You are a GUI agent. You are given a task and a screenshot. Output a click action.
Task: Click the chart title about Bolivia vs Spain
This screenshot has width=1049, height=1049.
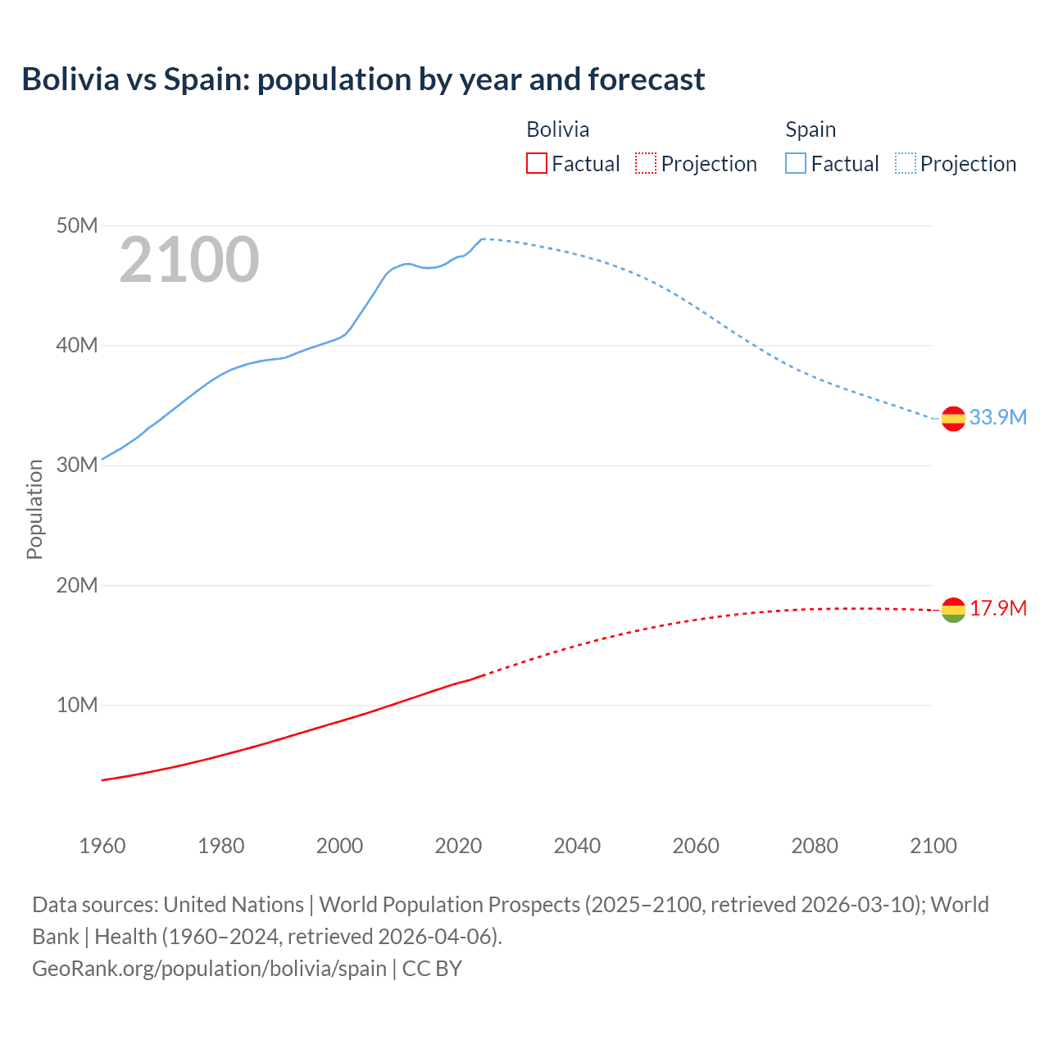click(x=363, y=79)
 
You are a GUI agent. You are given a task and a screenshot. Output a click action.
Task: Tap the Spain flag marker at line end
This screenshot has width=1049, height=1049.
click(x=953, y=418)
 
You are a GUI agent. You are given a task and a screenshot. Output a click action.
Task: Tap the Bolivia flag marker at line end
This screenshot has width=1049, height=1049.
click(x=953, y=610)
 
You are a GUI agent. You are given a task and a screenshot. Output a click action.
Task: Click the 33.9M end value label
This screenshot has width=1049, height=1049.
click(x=997, y=417)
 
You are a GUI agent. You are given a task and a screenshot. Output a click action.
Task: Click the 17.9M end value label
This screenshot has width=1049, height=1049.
click(x=997, y=608)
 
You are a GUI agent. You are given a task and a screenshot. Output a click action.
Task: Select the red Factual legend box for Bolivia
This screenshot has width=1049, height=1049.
click(x=536, y=164)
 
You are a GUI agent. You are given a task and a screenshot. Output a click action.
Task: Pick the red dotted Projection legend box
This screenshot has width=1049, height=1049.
click(x=646, y=164)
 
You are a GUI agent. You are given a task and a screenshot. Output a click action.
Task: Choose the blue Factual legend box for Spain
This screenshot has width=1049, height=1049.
click(x=795, y=164)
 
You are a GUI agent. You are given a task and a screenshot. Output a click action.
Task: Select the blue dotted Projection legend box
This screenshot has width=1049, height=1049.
click(x=906, y=164)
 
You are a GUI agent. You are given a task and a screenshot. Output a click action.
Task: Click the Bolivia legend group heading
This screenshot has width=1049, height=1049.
click(x=557, y=129)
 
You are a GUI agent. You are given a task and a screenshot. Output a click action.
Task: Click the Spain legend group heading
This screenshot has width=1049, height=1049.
click(x=811, y=129)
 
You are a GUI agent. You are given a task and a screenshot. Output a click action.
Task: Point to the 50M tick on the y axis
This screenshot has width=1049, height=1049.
click(x=77, y=225)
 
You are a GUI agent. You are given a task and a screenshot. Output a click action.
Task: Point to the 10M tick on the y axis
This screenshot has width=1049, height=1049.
click(x=77, y=705)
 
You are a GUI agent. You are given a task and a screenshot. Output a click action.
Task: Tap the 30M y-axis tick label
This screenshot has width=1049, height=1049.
click(x=77, y=465)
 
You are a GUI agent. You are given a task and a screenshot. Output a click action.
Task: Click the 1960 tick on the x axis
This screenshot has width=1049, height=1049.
click(x=102, y=846)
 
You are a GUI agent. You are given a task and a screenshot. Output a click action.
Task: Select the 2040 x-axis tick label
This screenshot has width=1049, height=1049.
click(x=577, y=846)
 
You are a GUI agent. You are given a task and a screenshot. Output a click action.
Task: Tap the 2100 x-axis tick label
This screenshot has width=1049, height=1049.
click(x=933, y=846)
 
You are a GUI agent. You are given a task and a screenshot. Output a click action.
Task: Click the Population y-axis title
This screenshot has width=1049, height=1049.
click(x=34, y=509)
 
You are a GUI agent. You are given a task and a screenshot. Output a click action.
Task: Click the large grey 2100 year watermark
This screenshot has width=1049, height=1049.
click(x=189, y=261)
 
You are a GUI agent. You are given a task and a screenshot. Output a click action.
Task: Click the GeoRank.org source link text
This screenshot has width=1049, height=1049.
click(x=209, y=969)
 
